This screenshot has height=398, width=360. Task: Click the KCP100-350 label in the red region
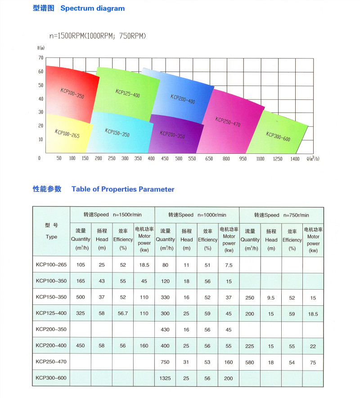coord(72,94)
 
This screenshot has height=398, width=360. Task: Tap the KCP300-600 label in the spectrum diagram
coord(278,136)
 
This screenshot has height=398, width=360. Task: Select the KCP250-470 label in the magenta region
coord(228,121)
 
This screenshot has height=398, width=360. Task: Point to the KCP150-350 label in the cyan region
coord(117,133)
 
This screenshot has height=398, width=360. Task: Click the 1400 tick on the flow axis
coord(295,159)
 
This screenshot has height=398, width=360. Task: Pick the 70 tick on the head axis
coord(40,58)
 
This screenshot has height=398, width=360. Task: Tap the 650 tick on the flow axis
coord(209,159)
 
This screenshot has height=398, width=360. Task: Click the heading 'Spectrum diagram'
coord(92,8)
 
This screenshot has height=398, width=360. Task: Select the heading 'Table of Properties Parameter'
coord(123,189)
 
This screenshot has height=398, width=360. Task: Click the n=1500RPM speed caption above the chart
coord(98,36)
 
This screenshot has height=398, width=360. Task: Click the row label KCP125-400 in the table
coord(51,313)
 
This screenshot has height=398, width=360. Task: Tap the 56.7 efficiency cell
coord(123,313)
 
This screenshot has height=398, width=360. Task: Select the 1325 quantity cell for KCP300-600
coord(165,378)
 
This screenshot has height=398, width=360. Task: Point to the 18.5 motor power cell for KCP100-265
coord(144,265)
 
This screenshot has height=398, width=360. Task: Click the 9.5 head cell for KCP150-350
coord(271,297)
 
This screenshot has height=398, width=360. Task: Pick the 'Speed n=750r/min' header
coord(281,215)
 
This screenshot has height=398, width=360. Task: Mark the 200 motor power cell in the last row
coord(229,378)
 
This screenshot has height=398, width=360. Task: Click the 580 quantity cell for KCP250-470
coord(250,362)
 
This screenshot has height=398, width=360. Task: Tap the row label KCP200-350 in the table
coord(51,330)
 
